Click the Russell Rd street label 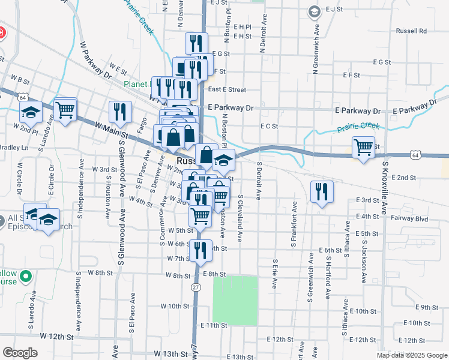point(411,31)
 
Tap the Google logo point(20,353)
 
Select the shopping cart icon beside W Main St point(65,109)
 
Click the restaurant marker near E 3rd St point(322,191)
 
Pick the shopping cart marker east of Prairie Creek point(364,146)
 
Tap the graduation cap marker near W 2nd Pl point(30,112)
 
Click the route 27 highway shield point(196,287)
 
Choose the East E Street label point(226,89)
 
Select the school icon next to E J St point(314,11)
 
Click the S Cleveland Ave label point(240,218)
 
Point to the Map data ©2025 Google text point(412,355)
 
